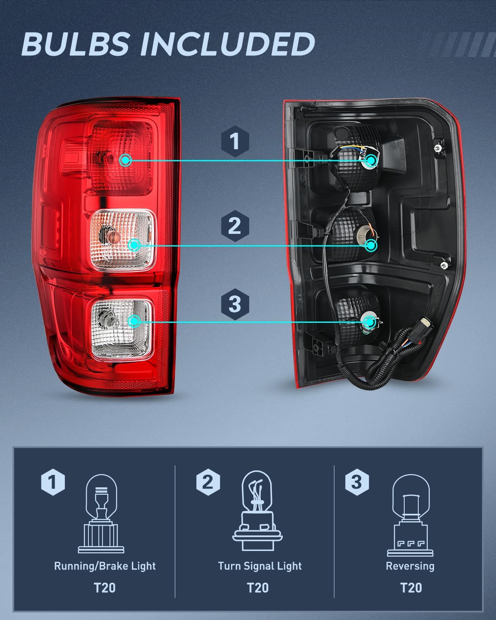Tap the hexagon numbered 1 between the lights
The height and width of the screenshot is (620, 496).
pyautogui.click(x=235, y=141)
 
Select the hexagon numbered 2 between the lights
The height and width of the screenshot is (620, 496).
pyautogui.click(x=234, y=226)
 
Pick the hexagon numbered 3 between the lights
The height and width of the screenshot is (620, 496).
pyautogui.click(x=234, y=304)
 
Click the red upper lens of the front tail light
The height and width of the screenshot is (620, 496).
pyautogui.click(x=122, y=159)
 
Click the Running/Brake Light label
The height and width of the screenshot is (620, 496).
pyautogui.click(x=105, y=566)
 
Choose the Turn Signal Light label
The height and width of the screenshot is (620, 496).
pyautogui.click(x=260, y=566)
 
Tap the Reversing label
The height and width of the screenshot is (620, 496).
pyautogui.click(x=410, y=566)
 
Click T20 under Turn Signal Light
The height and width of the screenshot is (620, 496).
pyautogui.click(x=258, y=587)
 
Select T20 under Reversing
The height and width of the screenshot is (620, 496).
pyautogui.click(x=411, y=587)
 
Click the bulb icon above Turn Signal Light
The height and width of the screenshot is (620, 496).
pyautogui.click(x=257, y=511)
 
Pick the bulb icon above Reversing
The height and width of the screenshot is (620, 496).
pyautogui.click(x=410, y=515)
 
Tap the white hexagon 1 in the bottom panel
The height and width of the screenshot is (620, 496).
pyautogui.click(x=53, y=482)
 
